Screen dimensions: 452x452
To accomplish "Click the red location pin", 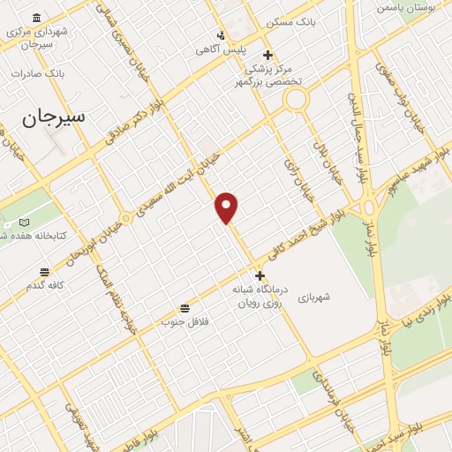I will pos(227,207).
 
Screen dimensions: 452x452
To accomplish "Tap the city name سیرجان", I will pos(56,117).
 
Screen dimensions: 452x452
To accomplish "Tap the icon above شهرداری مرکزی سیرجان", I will pos(35,19).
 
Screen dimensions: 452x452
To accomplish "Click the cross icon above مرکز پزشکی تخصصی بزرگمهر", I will pos(267,55).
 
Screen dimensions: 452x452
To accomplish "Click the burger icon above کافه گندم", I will pos(44,273).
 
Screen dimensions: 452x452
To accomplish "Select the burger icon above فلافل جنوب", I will pos(185,308).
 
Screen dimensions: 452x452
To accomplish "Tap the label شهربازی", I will pos(313,298).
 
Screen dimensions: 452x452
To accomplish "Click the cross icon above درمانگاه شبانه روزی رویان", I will pos(260,276).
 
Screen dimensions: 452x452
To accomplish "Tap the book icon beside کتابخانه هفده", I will pos(25,222).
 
